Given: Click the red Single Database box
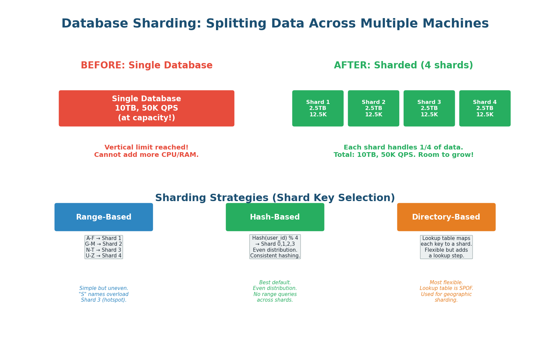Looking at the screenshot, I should [146, 108].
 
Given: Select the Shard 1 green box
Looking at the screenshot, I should [318, 108].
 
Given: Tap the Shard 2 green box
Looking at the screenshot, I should [373, 108].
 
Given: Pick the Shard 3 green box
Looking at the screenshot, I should [429, 108].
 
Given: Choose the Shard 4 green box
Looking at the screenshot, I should [485, 108].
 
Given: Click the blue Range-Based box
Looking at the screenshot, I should [104, 217].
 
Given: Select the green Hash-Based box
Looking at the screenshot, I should [275, 217].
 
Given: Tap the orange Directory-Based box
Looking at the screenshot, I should [446, 217].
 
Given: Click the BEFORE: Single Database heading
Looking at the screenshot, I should [146, 65].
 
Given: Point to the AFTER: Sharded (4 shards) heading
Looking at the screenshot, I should [403, 65].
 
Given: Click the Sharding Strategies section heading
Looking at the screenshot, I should [275, 198].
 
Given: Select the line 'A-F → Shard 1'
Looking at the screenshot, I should [104, 238].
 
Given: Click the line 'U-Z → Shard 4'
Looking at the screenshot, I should [104, 256].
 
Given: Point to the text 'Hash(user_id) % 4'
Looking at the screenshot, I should [275, 238].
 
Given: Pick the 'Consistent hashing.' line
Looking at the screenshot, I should [275, 256].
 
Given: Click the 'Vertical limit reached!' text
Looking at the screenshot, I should [146, 147].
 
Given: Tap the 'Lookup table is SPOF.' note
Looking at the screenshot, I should [446, 288].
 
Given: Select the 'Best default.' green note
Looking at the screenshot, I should [275, 283].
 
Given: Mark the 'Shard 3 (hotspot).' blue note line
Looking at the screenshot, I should [104, 300].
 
